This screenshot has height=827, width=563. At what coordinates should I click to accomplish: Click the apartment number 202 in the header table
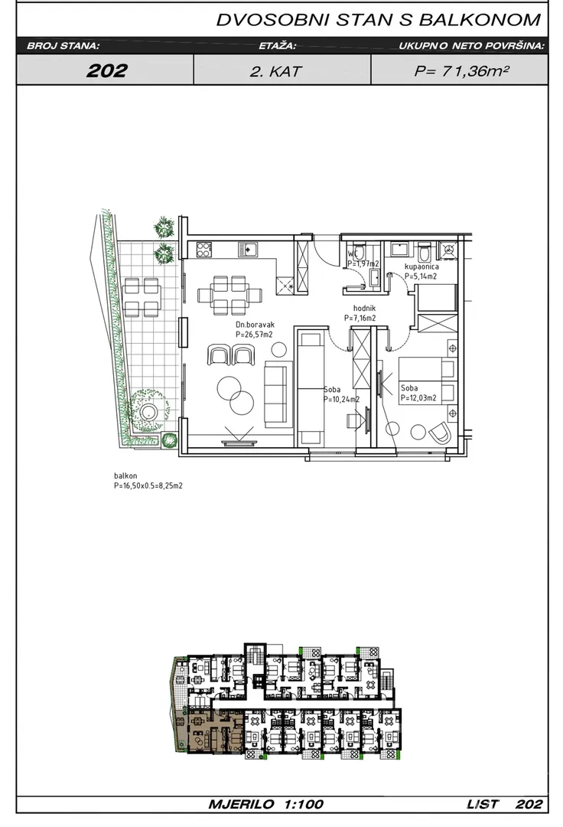[x=107, y=70]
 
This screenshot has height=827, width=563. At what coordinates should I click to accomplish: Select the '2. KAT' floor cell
[x=275, y=71]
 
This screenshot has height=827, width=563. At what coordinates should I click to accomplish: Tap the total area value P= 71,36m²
[x=461, y=70]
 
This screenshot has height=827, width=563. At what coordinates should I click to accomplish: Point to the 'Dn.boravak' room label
[x=255, y=325]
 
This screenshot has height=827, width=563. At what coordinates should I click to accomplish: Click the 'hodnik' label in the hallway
[x=364, y=309]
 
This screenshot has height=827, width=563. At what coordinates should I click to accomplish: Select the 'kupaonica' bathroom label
[x=421, y=266]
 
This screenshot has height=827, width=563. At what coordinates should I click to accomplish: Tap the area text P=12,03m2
[x=418, y=398]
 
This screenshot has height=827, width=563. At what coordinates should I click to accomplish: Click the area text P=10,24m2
[x=341, y=399]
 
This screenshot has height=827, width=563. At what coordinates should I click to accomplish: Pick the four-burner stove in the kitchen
[x=203, y=248]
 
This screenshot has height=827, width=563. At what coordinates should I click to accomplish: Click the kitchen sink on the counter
[x=246, y=248]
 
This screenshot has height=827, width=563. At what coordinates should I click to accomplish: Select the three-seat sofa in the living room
[x=278, y=394]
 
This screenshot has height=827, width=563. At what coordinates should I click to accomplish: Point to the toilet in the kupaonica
[x=425, y=253]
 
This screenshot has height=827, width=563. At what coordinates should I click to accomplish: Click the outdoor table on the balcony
[x=142, y=297]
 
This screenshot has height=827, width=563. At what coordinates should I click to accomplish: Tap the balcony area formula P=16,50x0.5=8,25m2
[x=148, y=485]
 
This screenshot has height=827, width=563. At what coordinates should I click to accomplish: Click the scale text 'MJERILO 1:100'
[x=266, y=804]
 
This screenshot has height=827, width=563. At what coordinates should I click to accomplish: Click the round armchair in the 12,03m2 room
[x=440, y=433]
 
